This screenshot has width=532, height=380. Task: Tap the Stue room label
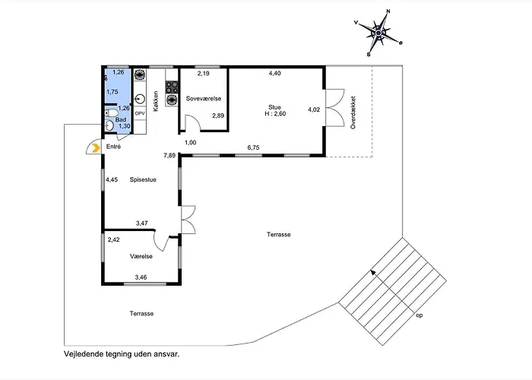pyautogui.click(x=274, y=107)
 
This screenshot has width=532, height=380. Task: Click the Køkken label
pyautogui.click(x=156, y=102)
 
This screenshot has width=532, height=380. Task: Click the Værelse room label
pyautogui.click(x=142, y=257)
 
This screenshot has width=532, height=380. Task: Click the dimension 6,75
pyautogui.click(x=254, y=147)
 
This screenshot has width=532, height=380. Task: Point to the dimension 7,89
pyautogui.click(x=171, y=156)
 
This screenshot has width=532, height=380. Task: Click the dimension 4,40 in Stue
pyautogui.click(x=275, y=74)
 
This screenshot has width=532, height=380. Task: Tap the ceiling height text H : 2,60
pyautogui.click(x=274, y=115)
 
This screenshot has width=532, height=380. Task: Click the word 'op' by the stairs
pyautogui.click(x=419, y=313)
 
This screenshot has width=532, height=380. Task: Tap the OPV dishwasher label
pyautogui.click(x=140, y=112)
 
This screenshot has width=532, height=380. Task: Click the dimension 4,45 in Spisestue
pyautogui.click(x=112, y=179)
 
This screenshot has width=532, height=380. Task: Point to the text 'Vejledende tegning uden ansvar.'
pyautogui.click(x=122, y=354)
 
